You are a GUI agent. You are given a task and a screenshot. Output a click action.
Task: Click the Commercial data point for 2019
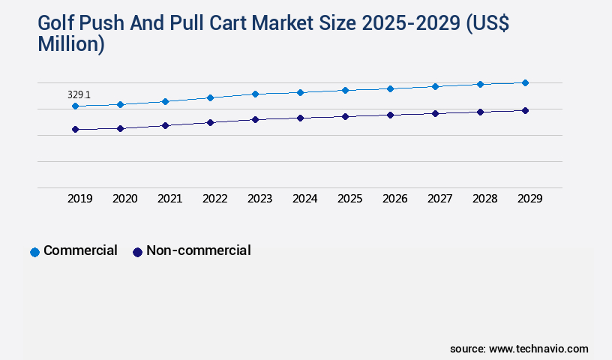point(75,106)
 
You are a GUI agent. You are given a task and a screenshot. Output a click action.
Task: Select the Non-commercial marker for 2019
point(75,130)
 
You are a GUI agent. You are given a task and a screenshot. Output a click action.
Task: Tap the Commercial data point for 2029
point(525,82)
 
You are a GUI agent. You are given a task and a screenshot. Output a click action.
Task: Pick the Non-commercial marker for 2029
point(525,110)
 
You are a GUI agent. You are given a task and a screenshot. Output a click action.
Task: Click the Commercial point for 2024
point(300,92)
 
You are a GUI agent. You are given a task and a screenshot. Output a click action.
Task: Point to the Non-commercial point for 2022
point(210,122)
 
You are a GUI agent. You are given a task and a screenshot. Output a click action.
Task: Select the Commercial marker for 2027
point(435,86)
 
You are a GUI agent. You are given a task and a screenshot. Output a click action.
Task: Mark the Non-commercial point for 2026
point(390,115)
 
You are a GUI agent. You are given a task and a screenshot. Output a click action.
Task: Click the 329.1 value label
point(79,95)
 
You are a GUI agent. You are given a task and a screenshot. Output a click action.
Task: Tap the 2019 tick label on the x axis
point(80,199)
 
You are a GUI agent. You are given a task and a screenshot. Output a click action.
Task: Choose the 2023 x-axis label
point(260,199)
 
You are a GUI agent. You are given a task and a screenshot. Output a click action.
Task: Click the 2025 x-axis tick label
point(350,199)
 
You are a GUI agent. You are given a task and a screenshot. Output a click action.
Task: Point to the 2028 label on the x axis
point(485,199)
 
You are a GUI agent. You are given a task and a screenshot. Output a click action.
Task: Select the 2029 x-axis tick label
point(530,199)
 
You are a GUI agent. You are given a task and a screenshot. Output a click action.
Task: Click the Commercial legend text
point(80,250)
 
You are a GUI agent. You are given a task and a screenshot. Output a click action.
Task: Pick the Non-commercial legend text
point(198,250)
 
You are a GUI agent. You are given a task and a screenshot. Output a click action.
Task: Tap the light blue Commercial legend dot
point(34,252)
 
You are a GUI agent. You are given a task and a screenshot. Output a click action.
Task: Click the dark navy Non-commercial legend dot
point(137,252)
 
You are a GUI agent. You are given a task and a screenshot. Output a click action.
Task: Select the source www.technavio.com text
point(519,349)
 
